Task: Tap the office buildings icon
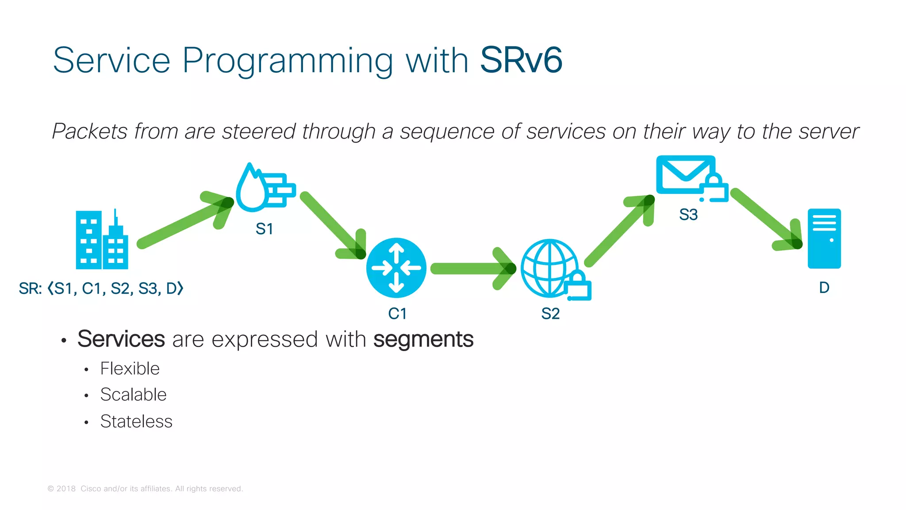(102, 240)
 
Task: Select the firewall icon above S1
(265, 188)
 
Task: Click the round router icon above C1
(396, 268)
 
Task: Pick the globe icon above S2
(550, 268)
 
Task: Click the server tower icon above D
(824, 239)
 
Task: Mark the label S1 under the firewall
(264, 229)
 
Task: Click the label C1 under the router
(397, 313)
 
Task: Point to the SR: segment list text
(101, 288)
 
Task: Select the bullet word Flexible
(130, 368)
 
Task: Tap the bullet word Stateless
(136, 421)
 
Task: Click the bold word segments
(423, 340)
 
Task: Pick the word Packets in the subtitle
(90, 131)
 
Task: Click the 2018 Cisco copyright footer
(145, 489)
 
